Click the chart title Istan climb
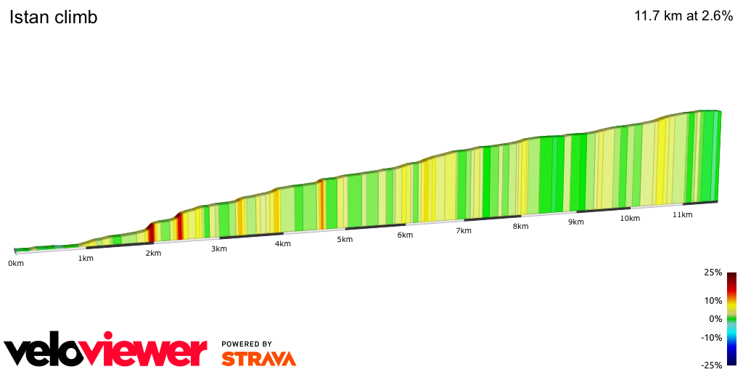tap(53, 17)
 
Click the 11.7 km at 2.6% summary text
tap(684, 16)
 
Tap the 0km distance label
tap(16, 263)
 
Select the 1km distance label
tap(86, 258)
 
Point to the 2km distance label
tap(153, 253)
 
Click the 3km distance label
tap(219, 248)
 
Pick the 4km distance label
tap(282, 243)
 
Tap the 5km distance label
tap(345, 239)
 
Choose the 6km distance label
tap(405, 235)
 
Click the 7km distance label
tap(464, 230)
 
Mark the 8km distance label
tap(520, 226)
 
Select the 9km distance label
tap(576, 222)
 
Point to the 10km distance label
tap(630, 218)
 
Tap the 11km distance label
tap(682, 214)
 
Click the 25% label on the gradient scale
tap(713, 272)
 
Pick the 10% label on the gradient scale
tap(713, 300)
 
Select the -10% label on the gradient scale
tap(712, 337)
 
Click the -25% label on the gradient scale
tap(712, 365)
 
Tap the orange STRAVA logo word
tap(258, 358)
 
